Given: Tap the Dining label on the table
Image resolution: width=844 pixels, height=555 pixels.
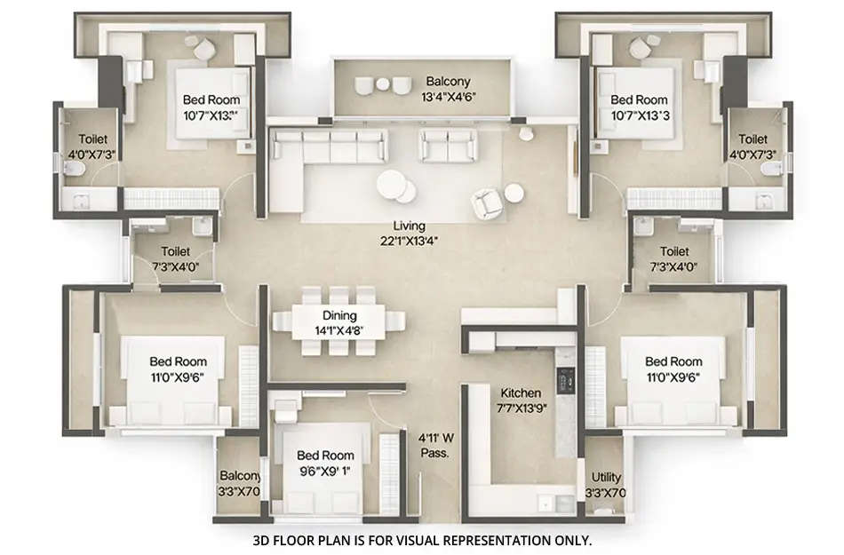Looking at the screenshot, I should pos(340,315).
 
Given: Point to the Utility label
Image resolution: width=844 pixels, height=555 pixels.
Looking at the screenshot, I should pos(604,478).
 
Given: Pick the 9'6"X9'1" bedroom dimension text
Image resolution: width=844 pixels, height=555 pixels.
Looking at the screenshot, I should pos(325,472).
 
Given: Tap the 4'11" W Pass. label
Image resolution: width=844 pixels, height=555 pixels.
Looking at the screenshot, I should pos(436,444).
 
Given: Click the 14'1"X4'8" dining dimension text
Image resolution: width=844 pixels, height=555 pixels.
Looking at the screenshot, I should pos(340,330).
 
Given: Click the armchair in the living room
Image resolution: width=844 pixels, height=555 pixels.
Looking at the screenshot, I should pos(485,203).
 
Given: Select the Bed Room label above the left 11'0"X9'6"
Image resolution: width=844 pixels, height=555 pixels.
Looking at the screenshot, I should pos(178,361).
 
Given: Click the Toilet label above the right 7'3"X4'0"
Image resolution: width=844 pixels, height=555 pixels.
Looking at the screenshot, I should pos(674,251).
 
